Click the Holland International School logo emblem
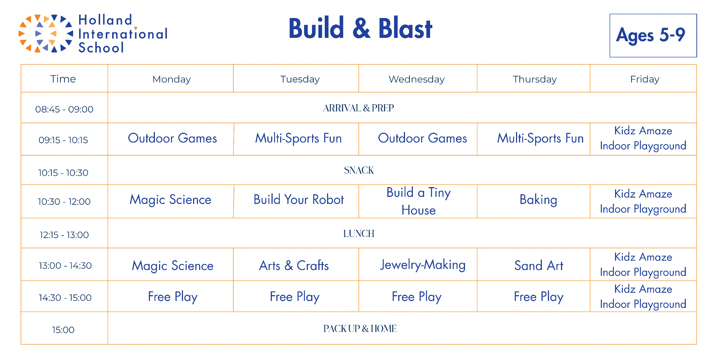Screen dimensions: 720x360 (x=45, y=33)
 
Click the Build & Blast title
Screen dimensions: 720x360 (x=360, y=28)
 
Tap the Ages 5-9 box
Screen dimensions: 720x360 (x=653, y=36)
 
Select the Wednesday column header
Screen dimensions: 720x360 (x=417, y=79)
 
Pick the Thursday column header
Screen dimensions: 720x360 (x=535, y=79)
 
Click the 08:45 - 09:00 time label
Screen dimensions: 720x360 (x=64, y=109)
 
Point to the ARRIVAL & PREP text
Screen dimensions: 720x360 (x=358, y=108)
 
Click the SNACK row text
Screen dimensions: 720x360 (x=359, y=170)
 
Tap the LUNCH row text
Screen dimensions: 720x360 (x=359, y=234)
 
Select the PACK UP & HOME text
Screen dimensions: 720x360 (x=360, y=328)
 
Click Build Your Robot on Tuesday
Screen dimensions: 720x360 (x=298, y=199)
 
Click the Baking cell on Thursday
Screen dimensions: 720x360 (x=538, y=200)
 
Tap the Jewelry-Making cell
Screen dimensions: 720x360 (x=423, y=265)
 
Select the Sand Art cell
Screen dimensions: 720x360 (x=539, y=265)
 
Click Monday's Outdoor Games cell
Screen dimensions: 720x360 (x=172, y=138)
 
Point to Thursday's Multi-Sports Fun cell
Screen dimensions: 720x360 (x=540, y=138)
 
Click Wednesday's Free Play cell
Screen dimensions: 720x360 (x=417, y=297)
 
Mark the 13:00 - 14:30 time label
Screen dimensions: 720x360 (x=65, y=265)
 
